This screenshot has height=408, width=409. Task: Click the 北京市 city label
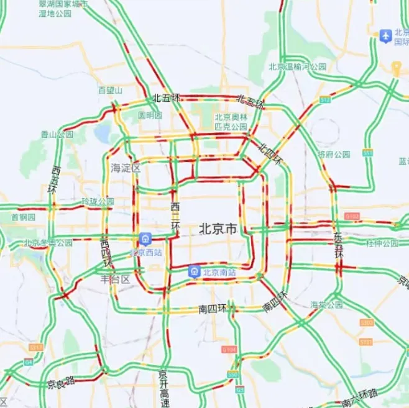218,229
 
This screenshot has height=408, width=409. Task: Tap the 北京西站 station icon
145,239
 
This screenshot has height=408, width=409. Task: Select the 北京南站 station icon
194,271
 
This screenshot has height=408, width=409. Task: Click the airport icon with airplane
385,36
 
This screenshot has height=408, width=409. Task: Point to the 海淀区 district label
126,168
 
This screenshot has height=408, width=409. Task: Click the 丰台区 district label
116,279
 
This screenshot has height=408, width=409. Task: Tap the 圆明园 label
150,116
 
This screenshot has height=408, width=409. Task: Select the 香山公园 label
57,134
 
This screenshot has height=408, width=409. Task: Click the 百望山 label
110,90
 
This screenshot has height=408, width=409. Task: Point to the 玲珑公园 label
98,201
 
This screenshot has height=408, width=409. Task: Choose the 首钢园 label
23,217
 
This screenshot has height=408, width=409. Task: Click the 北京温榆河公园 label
297,66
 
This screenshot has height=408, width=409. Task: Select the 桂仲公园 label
382,243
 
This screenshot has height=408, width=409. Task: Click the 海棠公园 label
326,304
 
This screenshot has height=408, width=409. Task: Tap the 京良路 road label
61,383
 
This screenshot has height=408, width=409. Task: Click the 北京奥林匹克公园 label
231,122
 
